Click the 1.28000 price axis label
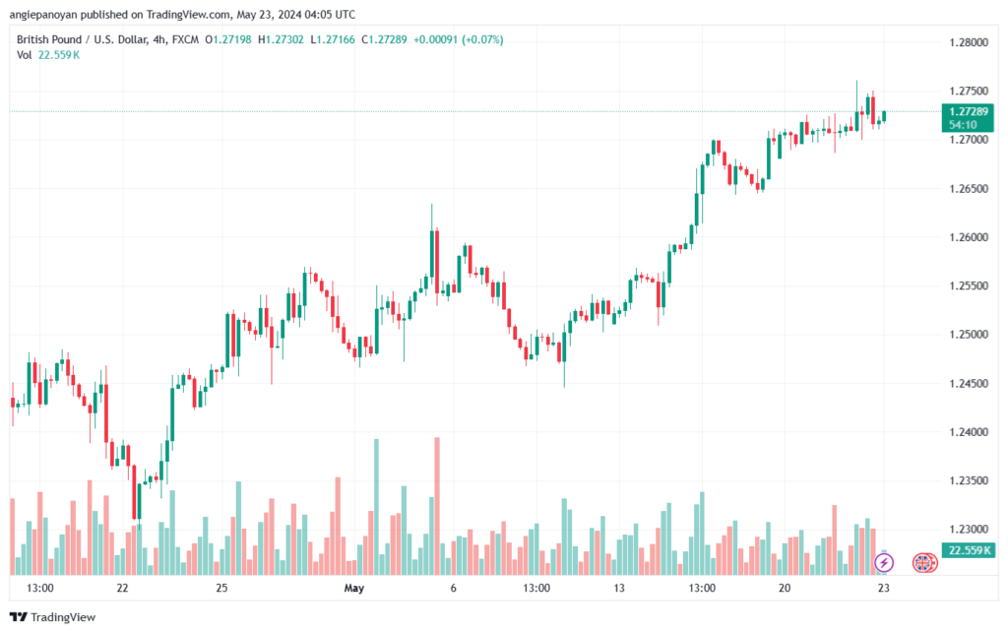(x=969, y=42)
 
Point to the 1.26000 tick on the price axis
(x=969, y=237)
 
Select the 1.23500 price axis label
(x=969, y=480)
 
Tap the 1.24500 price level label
(x=969, y=384)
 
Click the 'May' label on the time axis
(x=354, y=588)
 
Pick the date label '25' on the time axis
(x=221, y=588)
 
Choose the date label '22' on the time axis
(x=122, y=588)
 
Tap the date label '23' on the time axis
(x=884, y=588)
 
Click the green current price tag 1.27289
(x=968, y=117)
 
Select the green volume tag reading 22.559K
(x=968, y=550)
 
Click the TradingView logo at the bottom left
(x=53, y=617)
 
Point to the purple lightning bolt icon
(x=884, y=563)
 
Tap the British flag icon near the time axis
(x=923, y=563)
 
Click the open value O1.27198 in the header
(x=228, y=39)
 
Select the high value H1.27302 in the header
(x=281, y=39)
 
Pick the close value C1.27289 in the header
(x=384, y=39)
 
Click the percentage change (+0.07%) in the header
(x=482, y=39)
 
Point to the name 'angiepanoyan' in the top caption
(x=43, y=14)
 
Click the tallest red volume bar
(x=437, y=506)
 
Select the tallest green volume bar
(x=377, y=506)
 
